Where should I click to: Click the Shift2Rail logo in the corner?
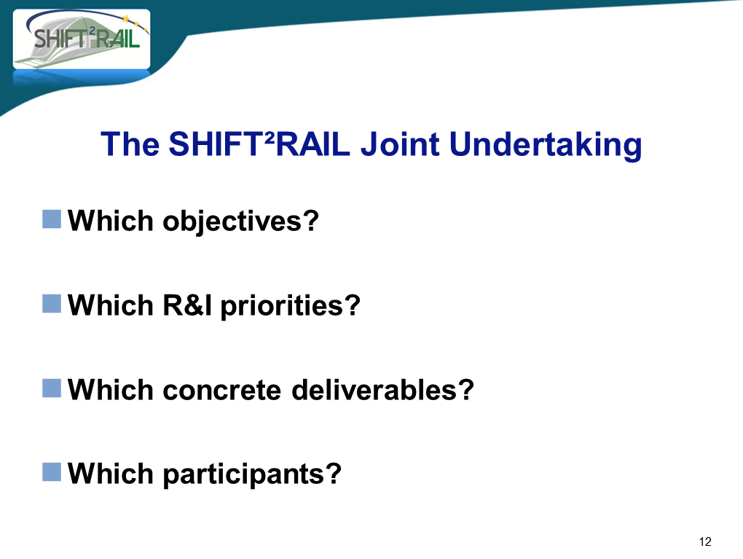82,39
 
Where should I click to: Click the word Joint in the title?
400,144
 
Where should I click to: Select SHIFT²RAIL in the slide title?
259,144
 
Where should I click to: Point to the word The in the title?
130,144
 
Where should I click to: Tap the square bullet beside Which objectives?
52,219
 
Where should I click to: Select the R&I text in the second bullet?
187,305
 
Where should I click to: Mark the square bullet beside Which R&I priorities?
52,303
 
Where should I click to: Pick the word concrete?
221,390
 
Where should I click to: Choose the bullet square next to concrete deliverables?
52,388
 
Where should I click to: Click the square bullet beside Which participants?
52,472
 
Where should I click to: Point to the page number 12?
705,542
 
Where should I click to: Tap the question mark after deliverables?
465,390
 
